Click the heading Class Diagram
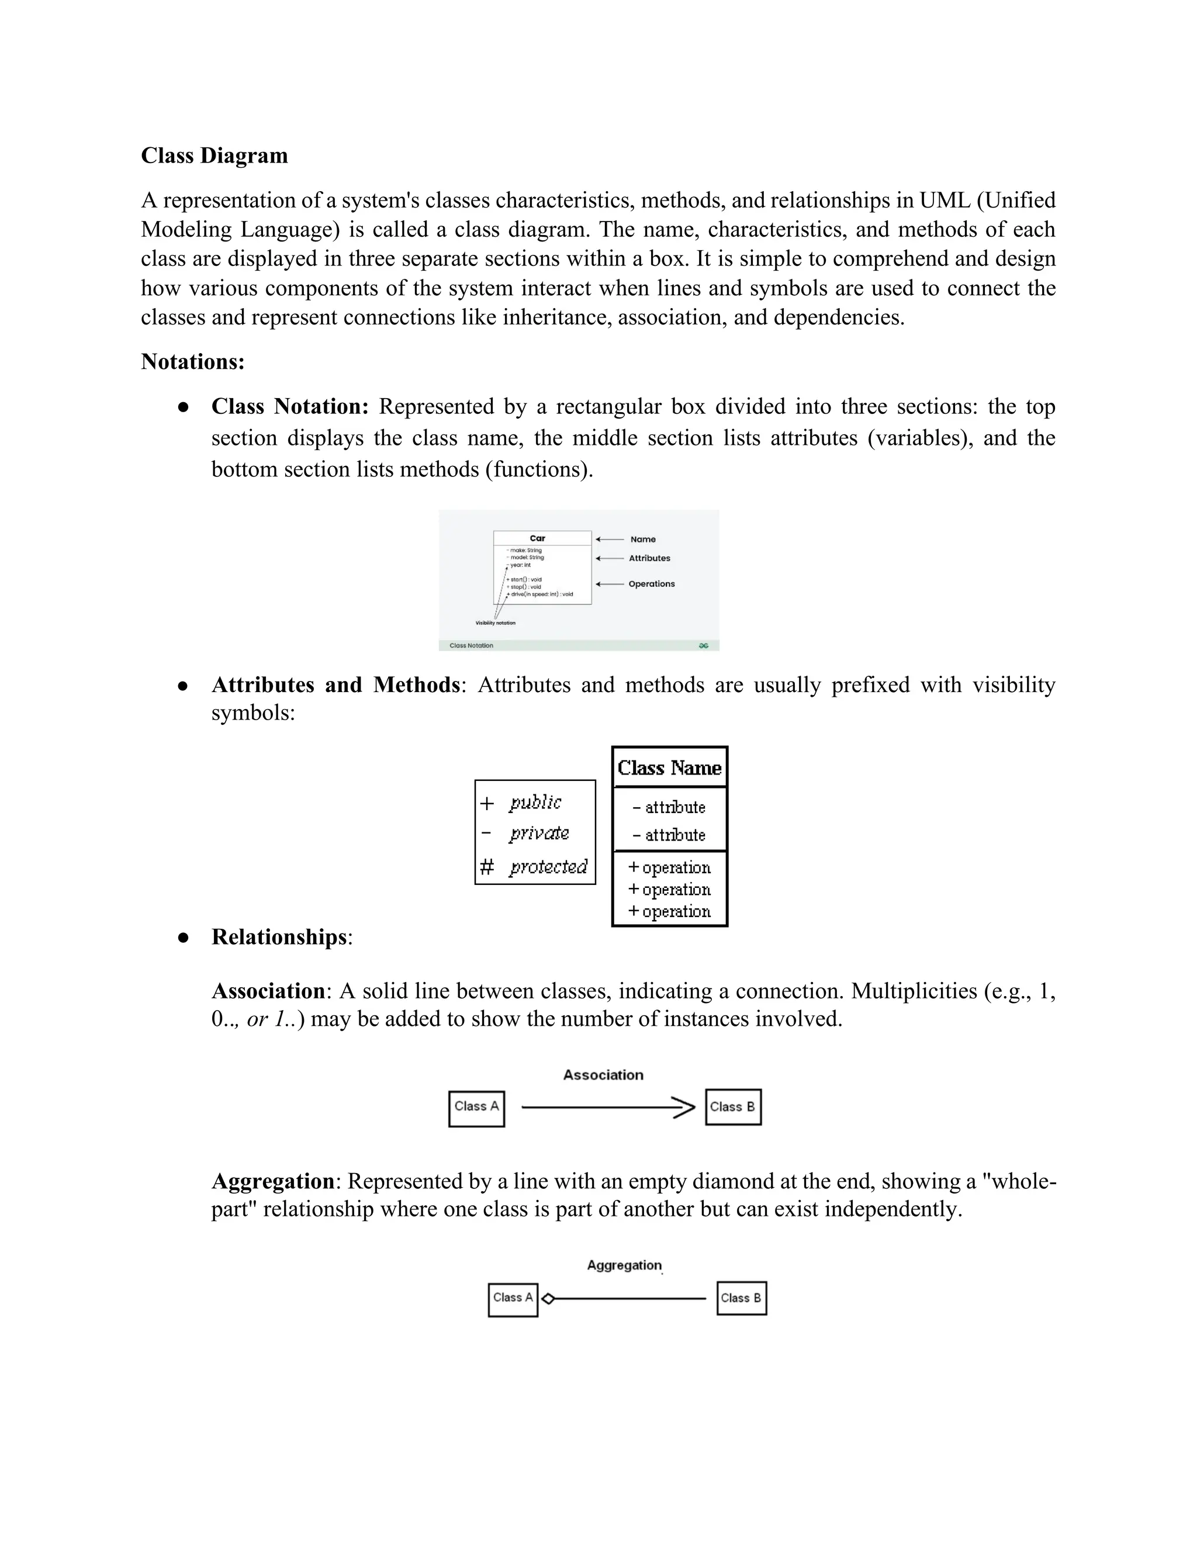214,155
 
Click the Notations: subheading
192,362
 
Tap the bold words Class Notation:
289,406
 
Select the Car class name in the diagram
538,538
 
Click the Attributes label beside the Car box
649,558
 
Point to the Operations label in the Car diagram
651,584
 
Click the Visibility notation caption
495,623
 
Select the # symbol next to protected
486,867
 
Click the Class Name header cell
669,767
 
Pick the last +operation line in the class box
669,911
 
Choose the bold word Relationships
279,937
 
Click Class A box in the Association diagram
476,1108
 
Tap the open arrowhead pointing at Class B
684,1108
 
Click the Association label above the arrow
603,1074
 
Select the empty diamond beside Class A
548,1299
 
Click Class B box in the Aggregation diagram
741,1298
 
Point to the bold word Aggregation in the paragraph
273,1181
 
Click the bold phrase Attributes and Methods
335,685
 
